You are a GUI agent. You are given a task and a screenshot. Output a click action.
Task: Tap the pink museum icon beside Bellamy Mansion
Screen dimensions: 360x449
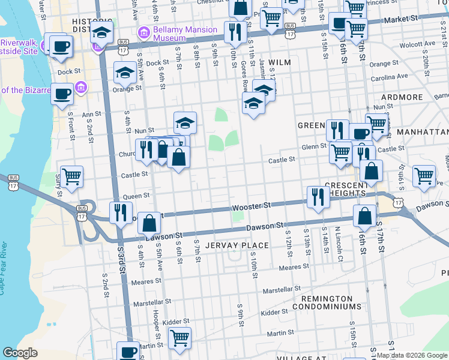coord(144,31)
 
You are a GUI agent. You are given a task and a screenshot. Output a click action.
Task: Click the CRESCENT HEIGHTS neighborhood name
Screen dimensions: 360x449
coord(346,190)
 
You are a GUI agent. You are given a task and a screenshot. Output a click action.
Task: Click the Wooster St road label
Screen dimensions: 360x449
coord(252,206)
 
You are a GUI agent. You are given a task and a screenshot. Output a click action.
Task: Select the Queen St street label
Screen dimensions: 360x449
coord(136,196)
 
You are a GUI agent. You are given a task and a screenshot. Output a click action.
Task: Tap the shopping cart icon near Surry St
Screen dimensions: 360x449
coord(71,176)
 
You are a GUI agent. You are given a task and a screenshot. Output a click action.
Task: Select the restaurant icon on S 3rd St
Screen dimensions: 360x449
coord(120,212)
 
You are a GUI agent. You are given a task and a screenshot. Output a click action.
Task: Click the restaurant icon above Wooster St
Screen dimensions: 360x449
coord(318,196)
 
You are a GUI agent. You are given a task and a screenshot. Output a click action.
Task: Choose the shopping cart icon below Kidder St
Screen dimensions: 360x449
coord(179,338)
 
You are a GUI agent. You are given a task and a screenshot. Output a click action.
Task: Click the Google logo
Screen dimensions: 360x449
coord(20,353)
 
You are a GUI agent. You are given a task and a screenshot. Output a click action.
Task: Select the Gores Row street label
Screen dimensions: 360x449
coord(244,74)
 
